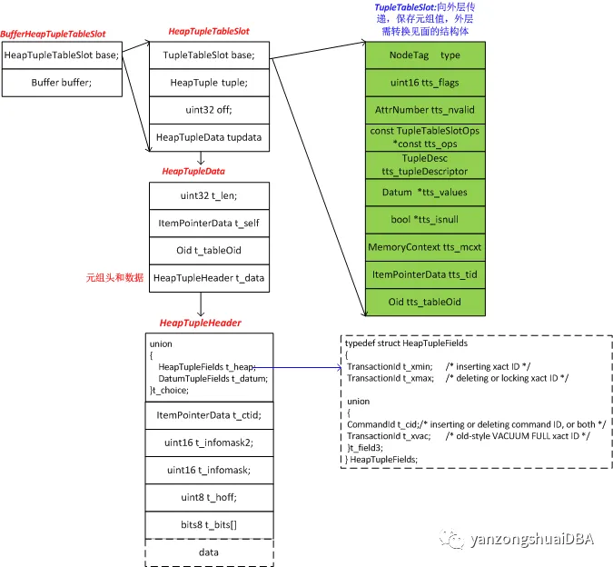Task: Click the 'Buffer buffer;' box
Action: click(62, 83)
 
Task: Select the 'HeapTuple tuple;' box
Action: click(209, 83)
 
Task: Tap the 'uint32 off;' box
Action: click(209, 110)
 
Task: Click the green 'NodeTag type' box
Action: click(425, 55)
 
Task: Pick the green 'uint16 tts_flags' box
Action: click(425, 83)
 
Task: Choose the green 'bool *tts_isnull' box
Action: click(425, 220)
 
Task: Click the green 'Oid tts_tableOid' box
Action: click(425, 303)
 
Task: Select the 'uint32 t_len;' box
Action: click(209, 195)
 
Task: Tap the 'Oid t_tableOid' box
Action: click(209, 251)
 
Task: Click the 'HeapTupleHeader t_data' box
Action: click(209, 278)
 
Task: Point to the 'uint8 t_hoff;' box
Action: click(209, 497)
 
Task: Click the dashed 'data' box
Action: click(209, 552)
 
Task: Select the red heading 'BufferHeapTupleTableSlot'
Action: click(53, 35)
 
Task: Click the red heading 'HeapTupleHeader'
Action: click(200, 323)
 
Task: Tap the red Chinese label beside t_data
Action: click(114, 278)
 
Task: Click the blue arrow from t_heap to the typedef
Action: click(298, 367)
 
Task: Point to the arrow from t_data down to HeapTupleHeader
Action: click(201, 304)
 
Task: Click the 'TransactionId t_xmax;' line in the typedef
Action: click(391, 379)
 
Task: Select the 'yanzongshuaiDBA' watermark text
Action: click(532, 539)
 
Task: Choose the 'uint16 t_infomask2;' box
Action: click(209, 443)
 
